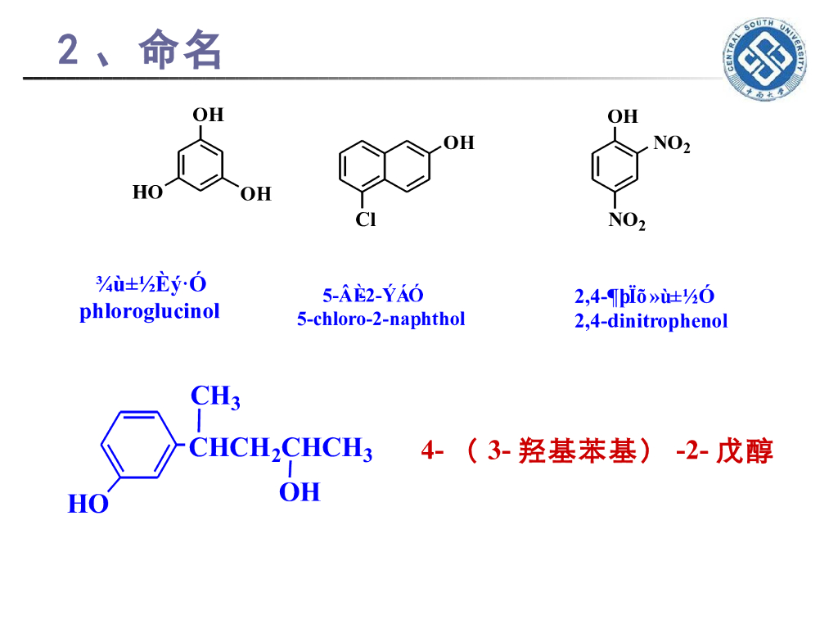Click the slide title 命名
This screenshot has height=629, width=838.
[181, 50]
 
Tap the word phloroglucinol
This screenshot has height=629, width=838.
[150, 311]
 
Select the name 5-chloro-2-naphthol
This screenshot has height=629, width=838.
[381, 319]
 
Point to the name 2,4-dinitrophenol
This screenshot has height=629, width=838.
[651, 320]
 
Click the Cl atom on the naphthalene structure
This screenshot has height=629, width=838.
[365, 219]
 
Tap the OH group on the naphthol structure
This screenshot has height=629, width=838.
[458, 143]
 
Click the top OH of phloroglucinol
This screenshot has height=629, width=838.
[208, 115]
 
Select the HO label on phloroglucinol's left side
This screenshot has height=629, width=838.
[148, 192]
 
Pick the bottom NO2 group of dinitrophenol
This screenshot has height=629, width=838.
[627, 221]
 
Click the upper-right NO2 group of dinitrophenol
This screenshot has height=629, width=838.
[671, 145]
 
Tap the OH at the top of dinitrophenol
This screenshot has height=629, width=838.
[622, 116]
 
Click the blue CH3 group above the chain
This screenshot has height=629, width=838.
[215, 397]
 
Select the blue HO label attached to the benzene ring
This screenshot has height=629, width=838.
[88, 505]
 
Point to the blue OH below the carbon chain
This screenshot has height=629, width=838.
[300, 492]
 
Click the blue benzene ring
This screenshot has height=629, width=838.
[138, 444]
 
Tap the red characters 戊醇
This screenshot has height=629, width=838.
[744, 451]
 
